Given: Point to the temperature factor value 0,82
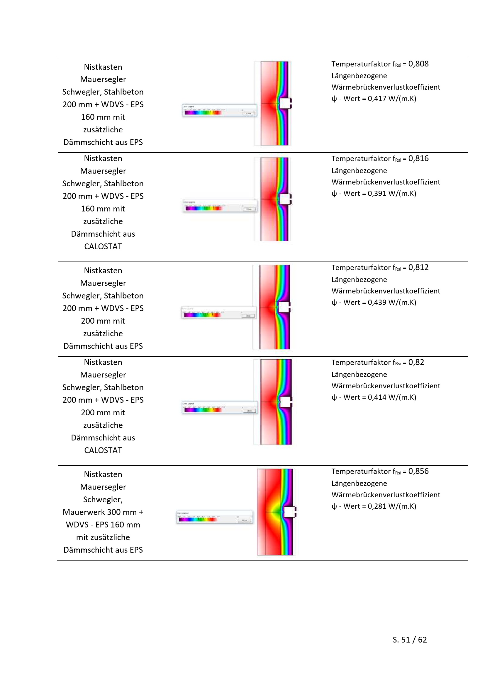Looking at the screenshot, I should pyautogui.click(x=416, y=362).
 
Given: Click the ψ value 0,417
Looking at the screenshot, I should pyautogui.click(x=377, y=99).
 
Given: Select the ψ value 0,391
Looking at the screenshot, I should pyautogui.click(x=377, y=194).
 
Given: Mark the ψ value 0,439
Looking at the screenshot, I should pyautogui.click(x=377, y=303).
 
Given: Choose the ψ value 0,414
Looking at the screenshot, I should pyautogui.click(x=377, y=397).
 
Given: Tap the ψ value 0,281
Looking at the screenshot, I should pyautogui.click(x=377, y=506).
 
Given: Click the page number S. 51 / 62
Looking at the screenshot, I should pyautogui.click(x=409, y=640).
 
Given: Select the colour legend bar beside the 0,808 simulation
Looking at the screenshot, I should pyautogui.click(x=203, y=113).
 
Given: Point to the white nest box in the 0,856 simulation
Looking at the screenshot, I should pyautogui.click(x=289, y=512).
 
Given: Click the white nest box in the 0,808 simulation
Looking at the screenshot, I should pyautogui.click(x=285, y=103).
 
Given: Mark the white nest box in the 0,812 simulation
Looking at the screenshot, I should pyautogui.click(x=284, y=307).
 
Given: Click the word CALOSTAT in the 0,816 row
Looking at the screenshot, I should pyautogui.click(x=103, y=246).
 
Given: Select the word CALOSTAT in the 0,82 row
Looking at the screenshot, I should pyautogui.click(x=103, y=450).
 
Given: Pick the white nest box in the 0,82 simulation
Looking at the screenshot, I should pyautogui.click(x=286, y=402).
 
